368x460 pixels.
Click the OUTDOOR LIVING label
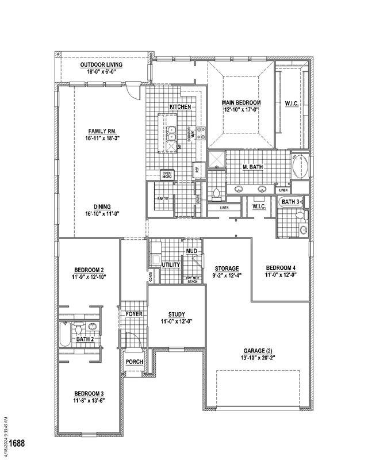point(101,65)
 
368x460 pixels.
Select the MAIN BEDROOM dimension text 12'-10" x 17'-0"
point(241,109)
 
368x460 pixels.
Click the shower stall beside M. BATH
point(216,159)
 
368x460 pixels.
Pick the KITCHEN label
point(179,108)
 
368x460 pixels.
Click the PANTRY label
point(162,198)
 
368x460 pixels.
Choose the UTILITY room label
point(171,264)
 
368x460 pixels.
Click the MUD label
point(191,251)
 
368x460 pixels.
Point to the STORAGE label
point(227,269)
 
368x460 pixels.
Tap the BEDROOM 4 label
point(281,269)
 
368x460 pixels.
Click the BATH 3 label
point(290,202)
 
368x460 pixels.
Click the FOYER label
point(134,314)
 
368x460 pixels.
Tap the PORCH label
point(134,362)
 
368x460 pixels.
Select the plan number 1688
point(17,443)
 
